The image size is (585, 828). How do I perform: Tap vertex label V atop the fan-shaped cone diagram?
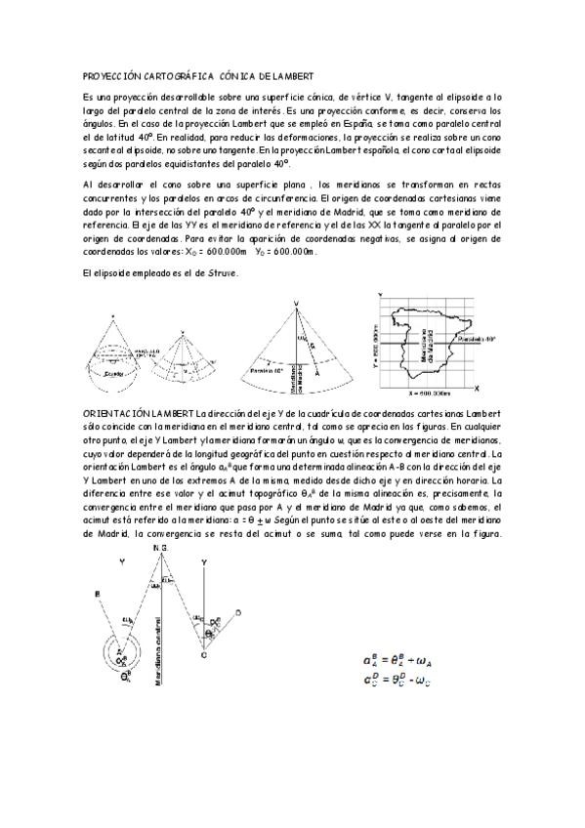(x=295, y=304)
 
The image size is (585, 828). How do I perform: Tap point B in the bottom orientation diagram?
(x=96, y=593)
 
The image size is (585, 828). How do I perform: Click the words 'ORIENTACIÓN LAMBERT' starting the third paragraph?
(x=133, y=415)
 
